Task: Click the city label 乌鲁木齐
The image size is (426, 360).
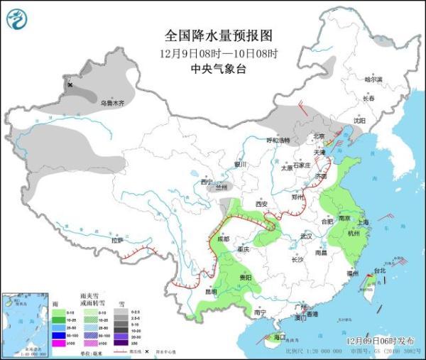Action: click(111, 103)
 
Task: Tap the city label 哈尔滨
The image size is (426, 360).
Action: click(373, 79)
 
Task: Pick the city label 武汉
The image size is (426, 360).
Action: click(306, 235)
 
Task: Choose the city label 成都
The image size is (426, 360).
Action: click(224, 239)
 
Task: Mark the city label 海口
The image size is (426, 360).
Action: click(280, 337)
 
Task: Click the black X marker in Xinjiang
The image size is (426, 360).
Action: click(70, 85)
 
